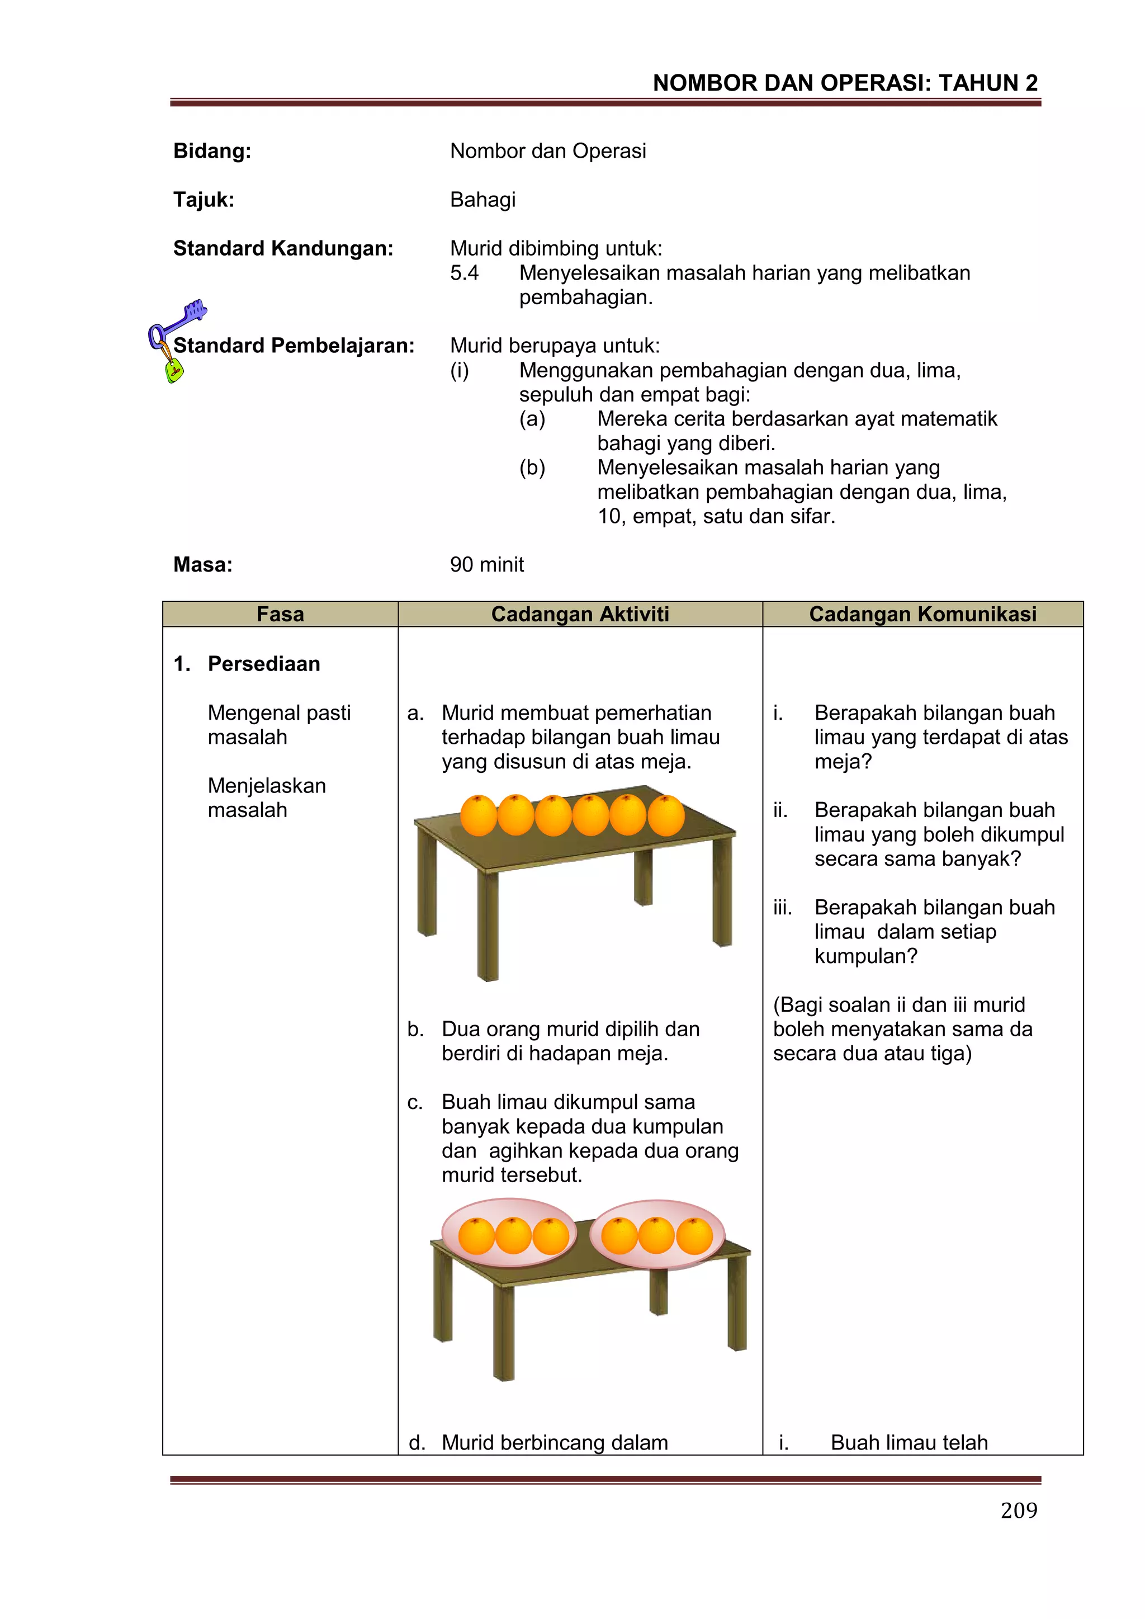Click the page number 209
(x=1018, y=1510)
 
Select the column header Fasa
(x=280, y=614)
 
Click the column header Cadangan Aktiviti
(x=580, y=614)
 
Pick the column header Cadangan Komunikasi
(x=922, y=614)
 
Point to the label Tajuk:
(x=204, y=200)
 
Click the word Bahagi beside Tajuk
(x=483, y=200)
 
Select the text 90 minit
(x=486, y=564)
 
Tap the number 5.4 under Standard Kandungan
(x=464, y=273)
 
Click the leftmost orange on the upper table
(x=479, y=815)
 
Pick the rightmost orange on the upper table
(x=665, y=815)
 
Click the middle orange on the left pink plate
(x=513, y=1236)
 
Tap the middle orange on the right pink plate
(x=656, y=1236)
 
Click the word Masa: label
(x=203, y=564)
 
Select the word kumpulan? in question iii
(x=866, y=956)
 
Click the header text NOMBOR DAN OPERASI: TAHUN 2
(x=845, y=83)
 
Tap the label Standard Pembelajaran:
(x=294, y=346)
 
